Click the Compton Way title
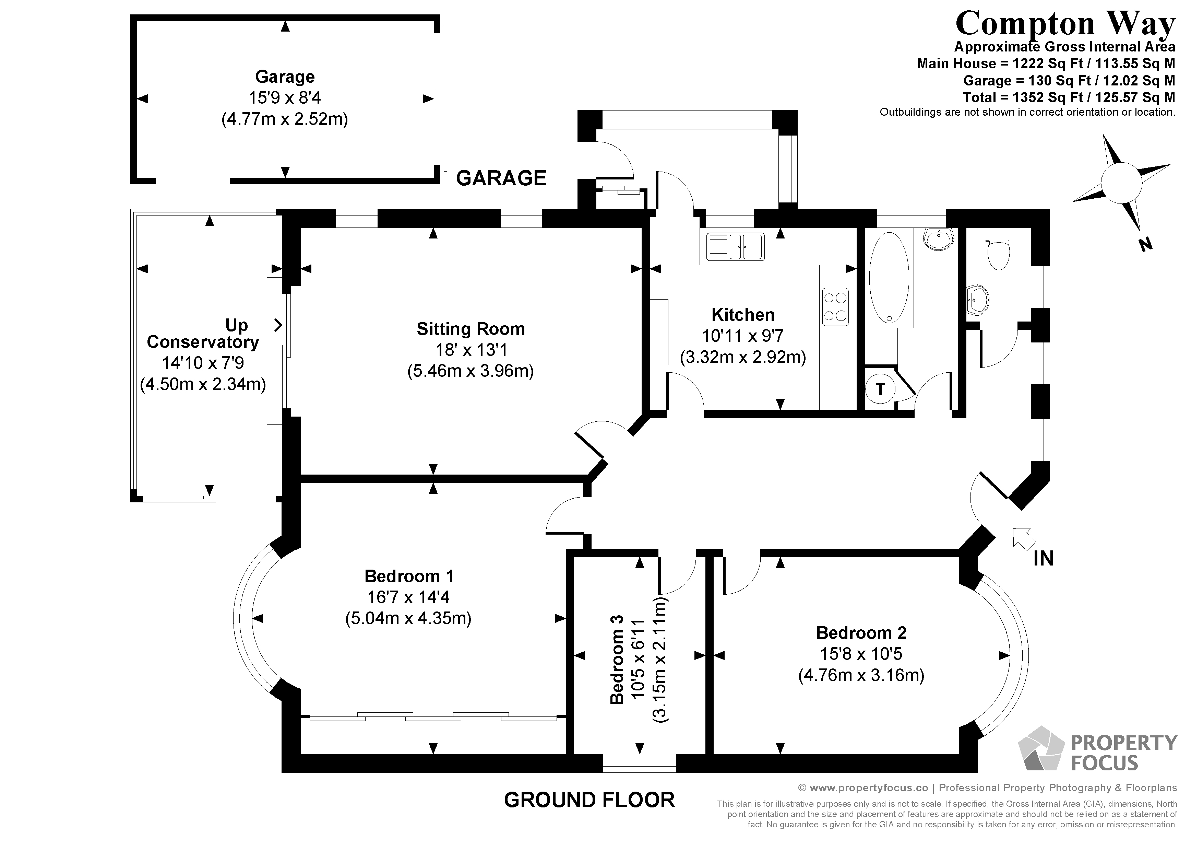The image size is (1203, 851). pyautogui.click(x=1065, y=24)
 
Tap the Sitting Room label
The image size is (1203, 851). pyautogui.click(x=471, y=329)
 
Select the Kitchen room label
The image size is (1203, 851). pyautogui.click(x=742, y=315)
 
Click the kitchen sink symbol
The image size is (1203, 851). pyautogui.click(x=735, y=246)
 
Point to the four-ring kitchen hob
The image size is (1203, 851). pyautogui.click(x=835, y=307)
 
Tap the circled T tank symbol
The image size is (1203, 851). pyautogui.click(x=880, y=389)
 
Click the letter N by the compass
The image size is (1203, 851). pyautogui.click(x=1145, y=244)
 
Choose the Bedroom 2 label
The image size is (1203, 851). pyautogui.click(x=861, y=633)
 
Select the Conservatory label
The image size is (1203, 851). pyautogui.click(x=203, y=342)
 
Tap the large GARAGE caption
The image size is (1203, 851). pyautogui.click(x=501, y=178)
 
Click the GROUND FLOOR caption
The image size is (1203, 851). pyautogui.click(x=589, y=800)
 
